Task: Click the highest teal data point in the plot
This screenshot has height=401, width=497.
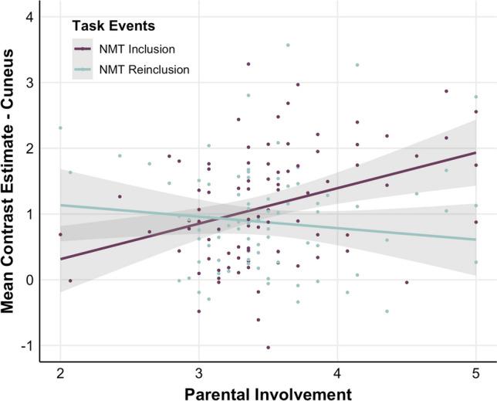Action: click(x=288, y=45)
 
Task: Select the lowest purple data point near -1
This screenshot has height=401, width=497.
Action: click(x=268, y=348)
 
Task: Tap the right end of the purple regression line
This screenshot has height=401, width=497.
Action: click(x=476, y=152)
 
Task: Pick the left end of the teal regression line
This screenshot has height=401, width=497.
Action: click(x=60, y=205)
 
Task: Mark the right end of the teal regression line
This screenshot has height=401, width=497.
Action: click(x=476, y=240)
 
